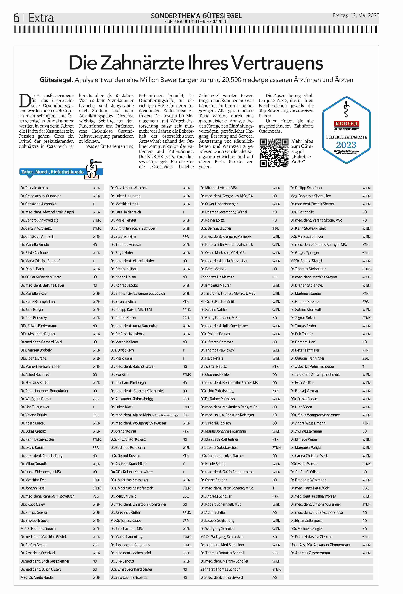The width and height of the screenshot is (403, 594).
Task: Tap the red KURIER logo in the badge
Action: (x=346, y=124)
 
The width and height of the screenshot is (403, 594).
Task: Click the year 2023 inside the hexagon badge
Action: (x=346, y=145)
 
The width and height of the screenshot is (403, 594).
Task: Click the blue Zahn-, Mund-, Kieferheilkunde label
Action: (x=52, y=172)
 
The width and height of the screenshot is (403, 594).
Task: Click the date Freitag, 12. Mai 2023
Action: (x=356, y=15)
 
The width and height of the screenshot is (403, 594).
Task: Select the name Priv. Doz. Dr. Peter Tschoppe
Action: (x=312, y=366)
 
